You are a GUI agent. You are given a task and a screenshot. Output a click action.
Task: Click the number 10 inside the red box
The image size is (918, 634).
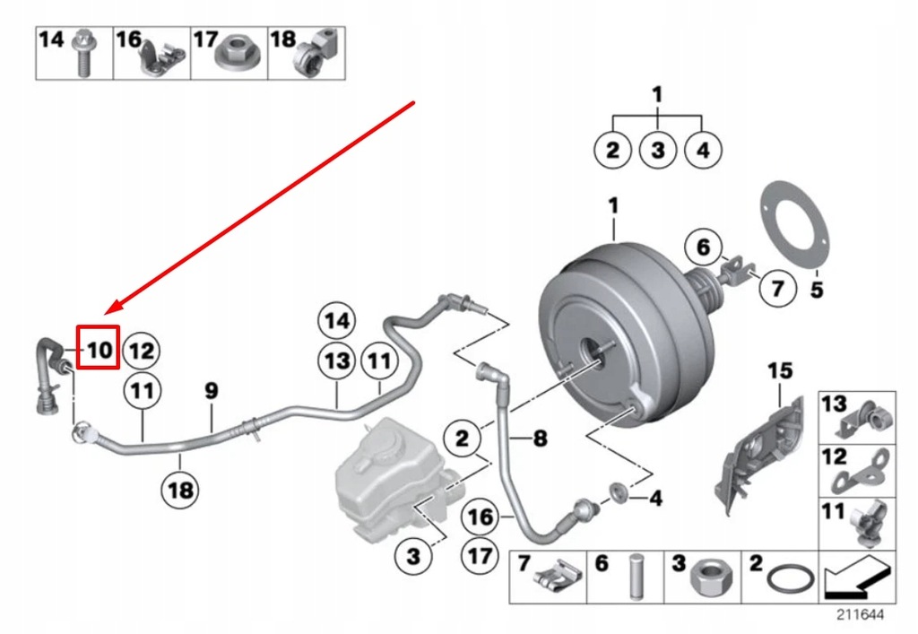pos(99,348)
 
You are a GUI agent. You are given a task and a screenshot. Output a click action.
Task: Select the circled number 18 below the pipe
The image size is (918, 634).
pos(179,490)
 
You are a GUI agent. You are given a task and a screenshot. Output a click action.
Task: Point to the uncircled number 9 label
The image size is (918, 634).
pos(211,391)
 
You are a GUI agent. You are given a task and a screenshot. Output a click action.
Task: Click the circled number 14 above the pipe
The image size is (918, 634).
pos(336,321)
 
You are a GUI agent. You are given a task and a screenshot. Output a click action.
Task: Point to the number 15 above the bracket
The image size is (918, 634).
pos(781,369)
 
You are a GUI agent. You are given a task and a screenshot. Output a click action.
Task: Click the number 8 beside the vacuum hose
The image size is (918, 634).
pos(540,439)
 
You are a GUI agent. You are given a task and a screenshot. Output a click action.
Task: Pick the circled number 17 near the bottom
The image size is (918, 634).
pos(481,555)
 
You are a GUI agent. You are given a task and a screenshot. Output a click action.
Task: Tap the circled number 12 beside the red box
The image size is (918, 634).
pos(142,349)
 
